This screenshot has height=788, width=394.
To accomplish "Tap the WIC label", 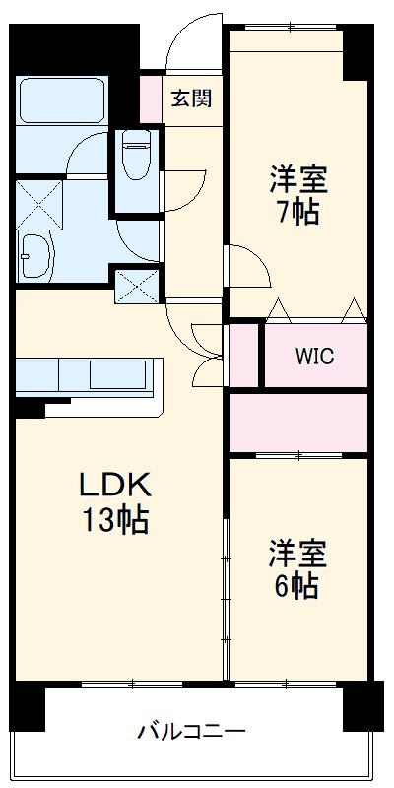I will click(x=314, y=356).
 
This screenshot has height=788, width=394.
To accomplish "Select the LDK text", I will click(x=113, y=485).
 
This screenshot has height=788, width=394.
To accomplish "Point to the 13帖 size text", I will click(x=113, y=518).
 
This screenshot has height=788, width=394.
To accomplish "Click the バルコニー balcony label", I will click(x=191, y=732).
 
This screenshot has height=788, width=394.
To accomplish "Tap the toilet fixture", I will click(x=135, y=157).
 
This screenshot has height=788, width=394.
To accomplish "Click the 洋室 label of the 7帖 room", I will click(x=298, y=179).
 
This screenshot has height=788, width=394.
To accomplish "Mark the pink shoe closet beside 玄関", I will click(x=150, y=98).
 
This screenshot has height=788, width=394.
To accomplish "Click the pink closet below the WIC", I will click(x=298, y=423).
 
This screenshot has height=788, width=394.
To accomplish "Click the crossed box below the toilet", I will click(x=136, y=285).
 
